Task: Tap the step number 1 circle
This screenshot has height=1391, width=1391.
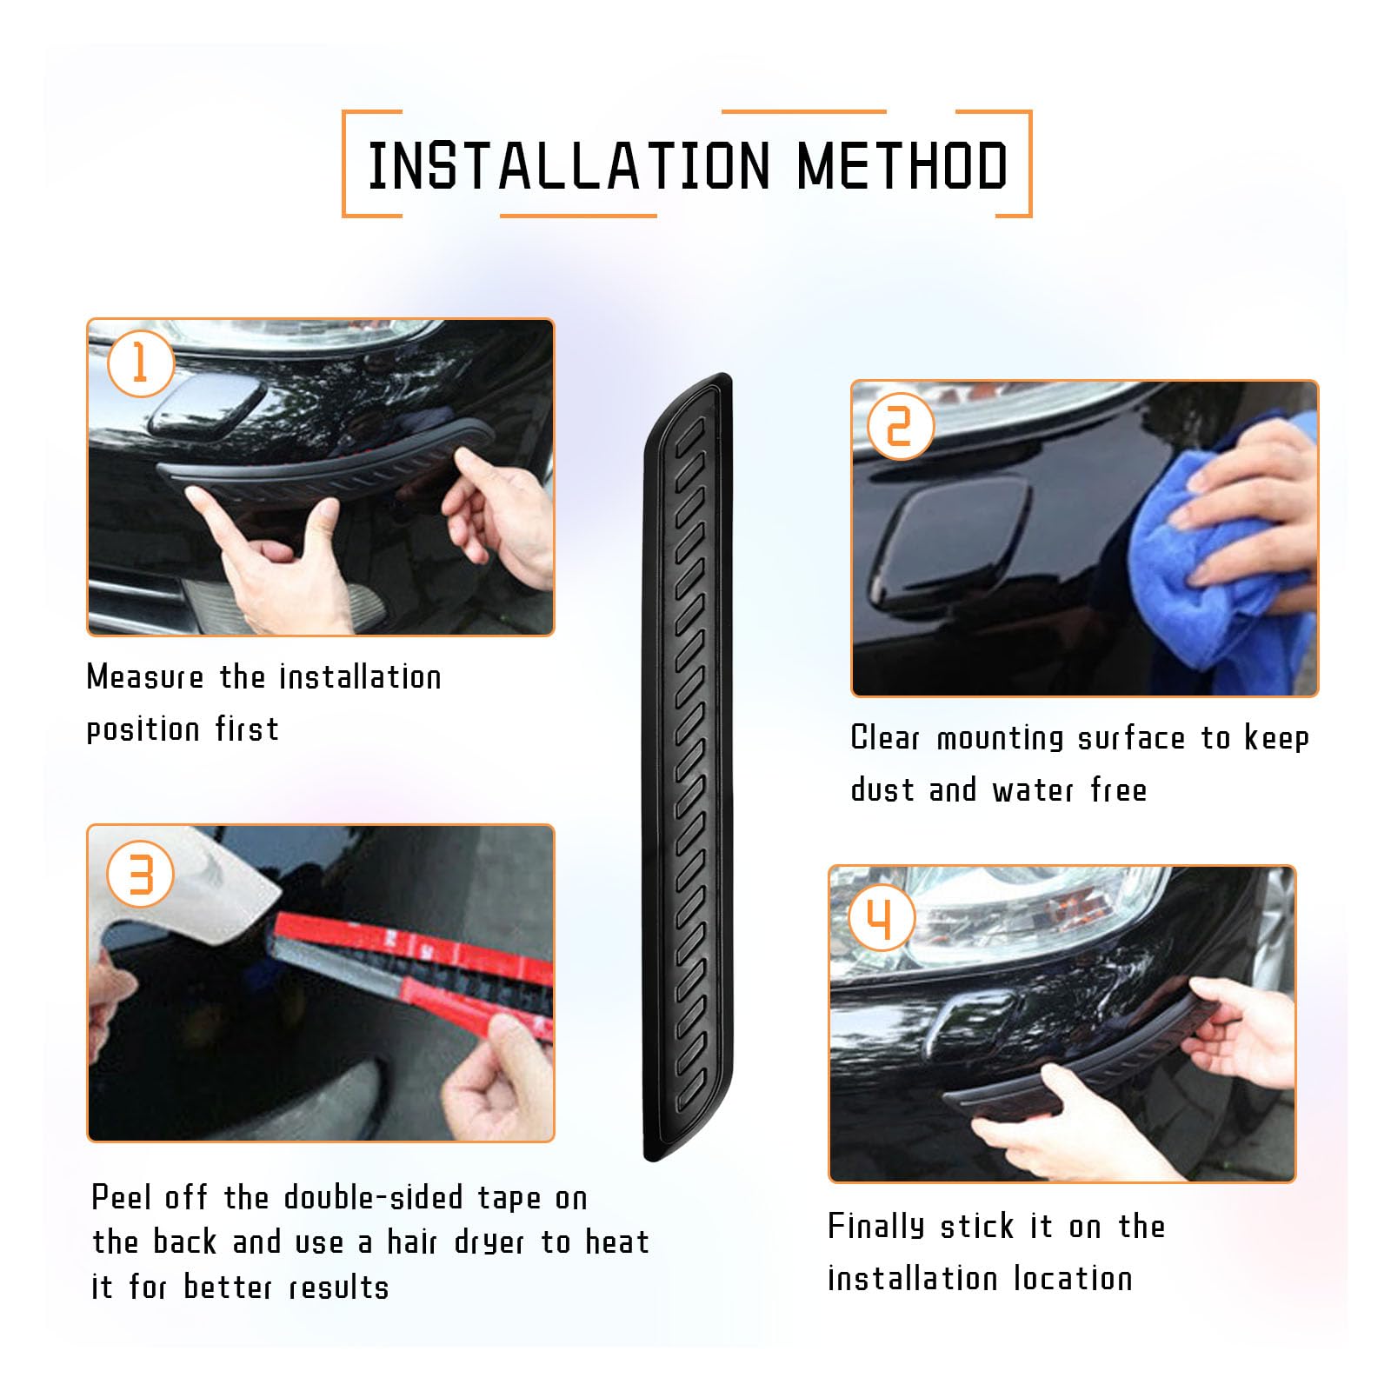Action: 140,363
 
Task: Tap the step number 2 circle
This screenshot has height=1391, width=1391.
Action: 900,426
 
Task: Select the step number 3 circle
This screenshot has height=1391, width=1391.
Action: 140,874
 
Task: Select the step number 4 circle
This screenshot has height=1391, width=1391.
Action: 881,919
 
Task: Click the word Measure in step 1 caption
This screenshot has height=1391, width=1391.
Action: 145,677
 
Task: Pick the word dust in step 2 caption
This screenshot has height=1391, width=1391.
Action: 882,790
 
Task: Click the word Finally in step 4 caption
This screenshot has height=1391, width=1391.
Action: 875,1227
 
